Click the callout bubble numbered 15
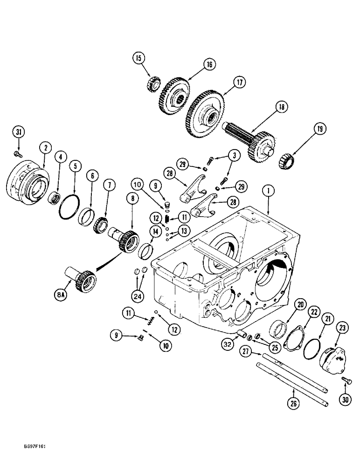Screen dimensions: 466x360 [138, 59]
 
